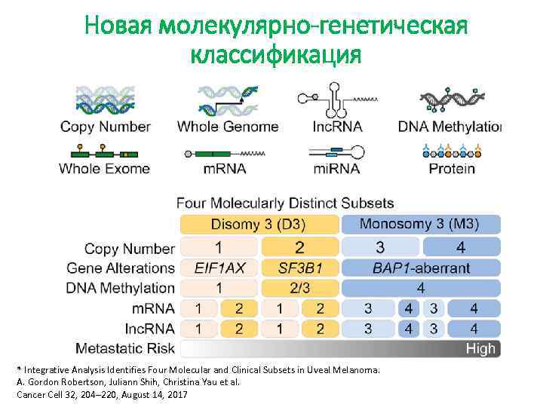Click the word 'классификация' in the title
[277, 55]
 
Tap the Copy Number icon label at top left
[106, 127]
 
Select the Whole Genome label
[228, 127]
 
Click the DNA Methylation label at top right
[449, 127]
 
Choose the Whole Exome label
[105, 168]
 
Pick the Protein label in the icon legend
[452, 168]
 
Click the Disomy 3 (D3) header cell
[258, 224]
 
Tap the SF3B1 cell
[299, 268]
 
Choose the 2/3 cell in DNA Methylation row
[299, 287]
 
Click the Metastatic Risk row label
[125, 348]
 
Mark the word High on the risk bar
[480, 348]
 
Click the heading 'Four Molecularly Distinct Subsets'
[285, 203]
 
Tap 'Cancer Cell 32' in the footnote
[51, 394]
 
